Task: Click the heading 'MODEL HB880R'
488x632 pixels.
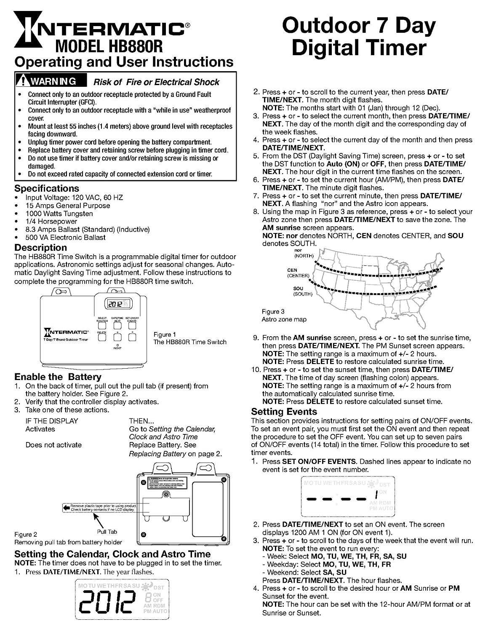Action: click(109, 46)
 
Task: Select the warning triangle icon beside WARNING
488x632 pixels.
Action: click(22, 81)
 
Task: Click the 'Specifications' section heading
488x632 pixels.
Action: click(47, 188)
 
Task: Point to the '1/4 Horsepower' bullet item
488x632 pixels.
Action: click(51, 222)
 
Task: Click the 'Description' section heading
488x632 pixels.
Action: click(40, 248)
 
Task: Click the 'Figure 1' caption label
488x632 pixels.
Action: click(165, 335)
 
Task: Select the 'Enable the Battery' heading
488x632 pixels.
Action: click(58, 377)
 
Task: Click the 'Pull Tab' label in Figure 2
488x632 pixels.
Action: click(107, 532)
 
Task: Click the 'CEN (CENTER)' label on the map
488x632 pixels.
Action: click(298, 273)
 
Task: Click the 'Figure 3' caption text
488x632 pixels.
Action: click(273, 312)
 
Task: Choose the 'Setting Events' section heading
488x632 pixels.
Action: click(284, 412)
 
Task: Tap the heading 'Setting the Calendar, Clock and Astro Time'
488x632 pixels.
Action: click(112, 554)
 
